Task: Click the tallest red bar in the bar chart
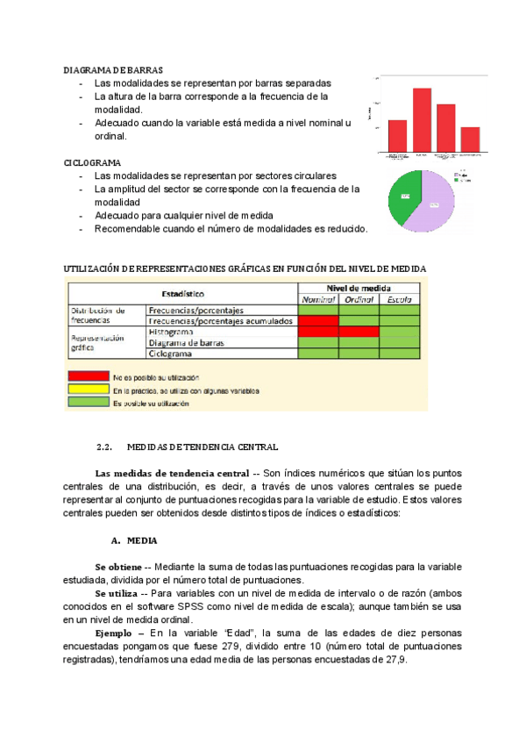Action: (422, 120)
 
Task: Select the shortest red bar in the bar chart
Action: (470, 139)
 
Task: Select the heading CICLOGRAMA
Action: (92, 163)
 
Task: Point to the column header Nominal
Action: (318, 300)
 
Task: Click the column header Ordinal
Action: (359, 300)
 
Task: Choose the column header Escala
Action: (399, 300)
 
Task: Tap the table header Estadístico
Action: (182, 293)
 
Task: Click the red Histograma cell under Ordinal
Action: (359, 333)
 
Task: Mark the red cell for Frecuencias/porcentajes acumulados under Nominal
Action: (318, 321)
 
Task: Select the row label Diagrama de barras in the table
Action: (188, 343)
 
